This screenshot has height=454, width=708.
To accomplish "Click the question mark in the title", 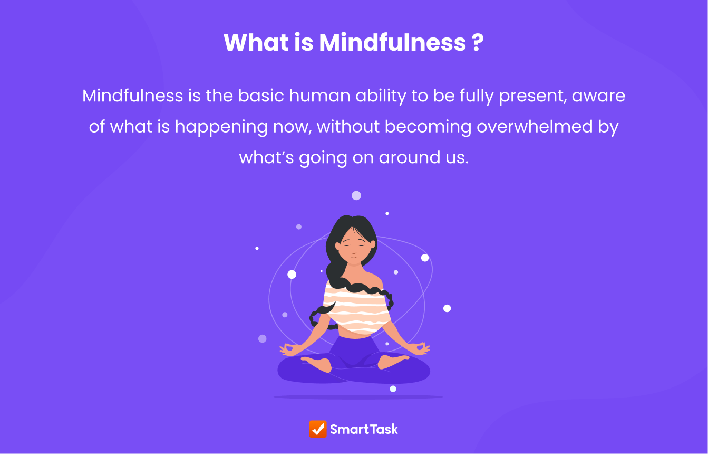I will pos(478,42).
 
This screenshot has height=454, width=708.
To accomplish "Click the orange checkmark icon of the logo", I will pos(318,429).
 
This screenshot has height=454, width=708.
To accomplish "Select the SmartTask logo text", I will pos(364,429).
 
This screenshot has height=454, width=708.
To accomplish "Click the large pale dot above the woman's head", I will pos(356,195).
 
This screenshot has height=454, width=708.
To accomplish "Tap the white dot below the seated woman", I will pos(393,389).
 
